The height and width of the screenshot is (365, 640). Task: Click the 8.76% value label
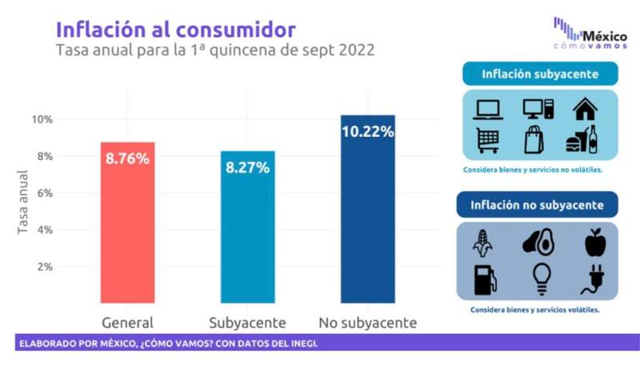coord(128,158)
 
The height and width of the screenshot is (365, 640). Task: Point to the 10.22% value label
coord(367,131)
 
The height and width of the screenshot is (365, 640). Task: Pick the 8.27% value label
coord(248,168)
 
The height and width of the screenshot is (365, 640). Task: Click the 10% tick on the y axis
coord(42,119)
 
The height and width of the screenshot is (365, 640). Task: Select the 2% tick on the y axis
coord(42,267)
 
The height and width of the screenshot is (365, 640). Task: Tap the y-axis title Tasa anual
coord(23,203)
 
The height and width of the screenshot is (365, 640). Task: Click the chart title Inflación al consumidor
coord(175,30)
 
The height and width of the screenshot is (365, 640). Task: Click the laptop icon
coord(488,110)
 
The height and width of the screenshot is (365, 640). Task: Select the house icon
coord(585,109)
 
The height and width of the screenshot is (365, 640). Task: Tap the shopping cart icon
coord(488,140)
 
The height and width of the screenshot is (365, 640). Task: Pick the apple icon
coord(595,241)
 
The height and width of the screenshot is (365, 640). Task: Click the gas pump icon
coord(485,279)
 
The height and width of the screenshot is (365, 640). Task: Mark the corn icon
coord(483,241)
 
